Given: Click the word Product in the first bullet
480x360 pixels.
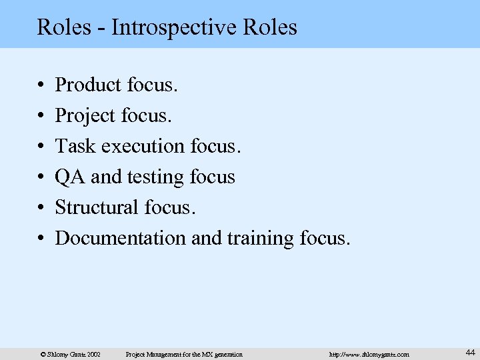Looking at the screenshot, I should [x=87, y=85].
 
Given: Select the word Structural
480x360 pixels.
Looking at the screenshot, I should [x=97, y=207].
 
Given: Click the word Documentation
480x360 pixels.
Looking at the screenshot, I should [x=121, y=237].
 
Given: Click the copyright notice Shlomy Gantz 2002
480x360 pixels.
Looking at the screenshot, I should [x=70, y=353].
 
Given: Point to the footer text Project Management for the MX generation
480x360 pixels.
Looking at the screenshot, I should [x=185, y=353].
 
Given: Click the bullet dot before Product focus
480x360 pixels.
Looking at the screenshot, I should [x=41, y=85].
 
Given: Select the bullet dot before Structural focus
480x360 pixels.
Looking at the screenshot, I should [x=41, y=207].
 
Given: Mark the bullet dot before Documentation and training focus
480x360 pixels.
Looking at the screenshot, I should [x=41, y=238].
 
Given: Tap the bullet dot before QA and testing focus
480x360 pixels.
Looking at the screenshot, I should [x=41, y=177].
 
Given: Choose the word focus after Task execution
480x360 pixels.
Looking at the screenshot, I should [x=217, y=146].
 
